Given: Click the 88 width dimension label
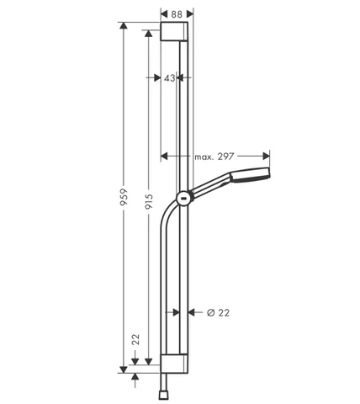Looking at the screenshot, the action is pyautogui.click(x=177, y=14).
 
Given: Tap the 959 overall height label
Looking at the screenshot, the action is pyautogui.click(x=124, y=197).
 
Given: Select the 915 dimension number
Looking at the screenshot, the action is pyautogui.click(x=149, y=202).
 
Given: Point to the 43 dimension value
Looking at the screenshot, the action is pyautogui.click(x=170, y=78).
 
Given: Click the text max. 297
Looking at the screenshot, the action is pyautogui.click(x=214, y=157).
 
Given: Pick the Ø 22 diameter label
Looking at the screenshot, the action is pyautogui.click(x=218, y=312).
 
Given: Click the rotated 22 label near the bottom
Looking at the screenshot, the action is pyautogui.click(x=135, y=339).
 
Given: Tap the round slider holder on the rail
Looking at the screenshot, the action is pyautogui.click(x=184, y=199).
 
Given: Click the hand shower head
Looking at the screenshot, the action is pyautogui.click(x=251, y=175).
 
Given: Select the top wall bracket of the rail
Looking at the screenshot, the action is pyautogui.click(x=174, y=31).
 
